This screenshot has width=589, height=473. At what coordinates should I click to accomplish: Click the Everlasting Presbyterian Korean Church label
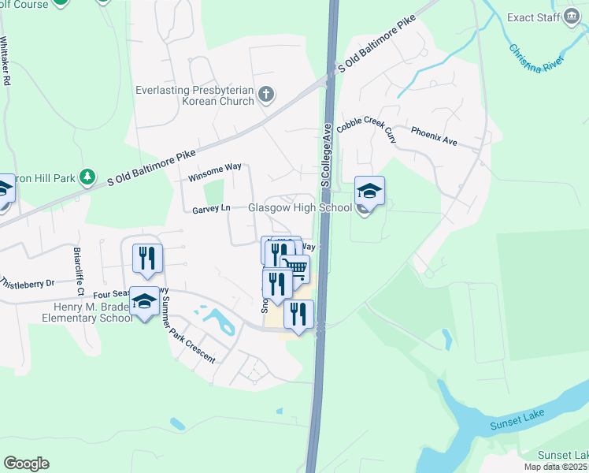point(194,95)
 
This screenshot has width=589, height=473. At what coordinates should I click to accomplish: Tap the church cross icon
point(266,95)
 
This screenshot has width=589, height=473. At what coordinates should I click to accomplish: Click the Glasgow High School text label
point(300,208)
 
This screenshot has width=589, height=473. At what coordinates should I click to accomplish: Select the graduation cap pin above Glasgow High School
point(369,191)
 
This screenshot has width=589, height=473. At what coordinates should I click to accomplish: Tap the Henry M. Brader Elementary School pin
point(143,302)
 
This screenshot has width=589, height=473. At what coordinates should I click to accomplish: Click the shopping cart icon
point(295,268)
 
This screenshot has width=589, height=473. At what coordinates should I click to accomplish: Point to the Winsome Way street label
point(214,173)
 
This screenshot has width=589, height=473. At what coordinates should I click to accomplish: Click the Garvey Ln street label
point(211,210)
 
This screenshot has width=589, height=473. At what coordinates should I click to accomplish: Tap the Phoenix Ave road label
point(434,136)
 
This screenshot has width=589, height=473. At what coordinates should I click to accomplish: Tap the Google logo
point(26,464)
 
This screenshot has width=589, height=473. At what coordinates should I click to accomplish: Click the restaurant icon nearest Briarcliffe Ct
point(147,258)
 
